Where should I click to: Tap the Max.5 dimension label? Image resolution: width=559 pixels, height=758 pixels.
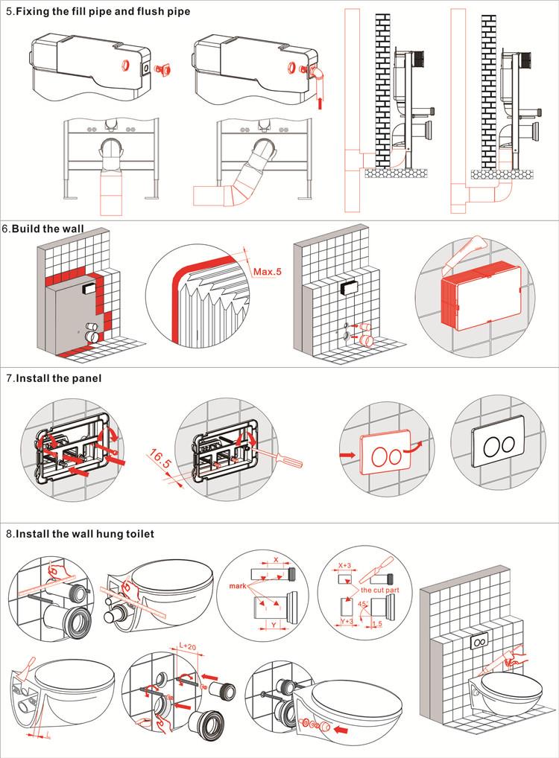[268, 272]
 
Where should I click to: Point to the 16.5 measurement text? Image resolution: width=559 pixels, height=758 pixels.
[160, 459]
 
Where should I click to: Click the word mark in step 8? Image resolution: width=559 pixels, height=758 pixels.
[236, 585]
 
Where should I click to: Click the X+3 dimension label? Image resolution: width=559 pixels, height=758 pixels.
[344, 566]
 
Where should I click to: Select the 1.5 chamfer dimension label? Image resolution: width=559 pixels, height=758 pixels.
[377, 622]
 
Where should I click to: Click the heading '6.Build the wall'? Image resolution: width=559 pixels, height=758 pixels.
[43, 229]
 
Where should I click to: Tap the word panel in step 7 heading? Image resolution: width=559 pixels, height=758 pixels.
[87, 378]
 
